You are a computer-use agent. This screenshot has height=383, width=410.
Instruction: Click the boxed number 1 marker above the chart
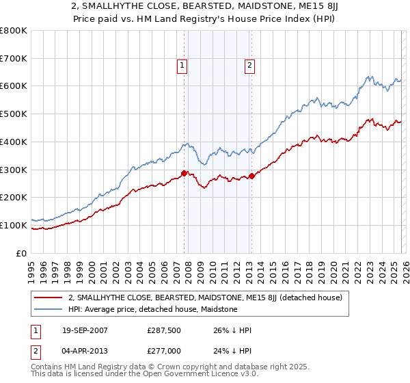pos(183,66)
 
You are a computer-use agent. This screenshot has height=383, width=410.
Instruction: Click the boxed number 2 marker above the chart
pos(250,66)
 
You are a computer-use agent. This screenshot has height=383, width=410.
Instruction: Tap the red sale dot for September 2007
pos(184,173)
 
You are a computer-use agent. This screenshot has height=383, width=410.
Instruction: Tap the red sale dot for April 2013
pos(251,176)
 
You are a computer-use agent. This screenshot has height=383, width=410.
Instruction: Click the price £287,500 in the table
pos(162,330)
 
